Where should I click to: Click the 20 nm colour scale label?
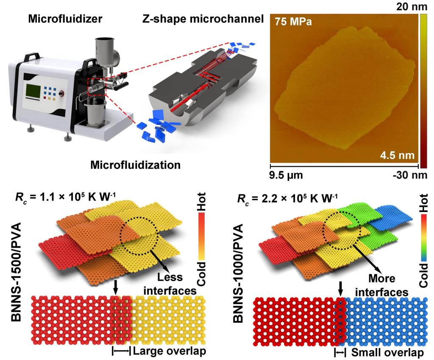point(409,6)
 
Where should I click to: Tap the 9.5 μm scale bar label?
point(286,174)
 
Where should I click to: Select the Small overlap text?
point(387,353)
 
